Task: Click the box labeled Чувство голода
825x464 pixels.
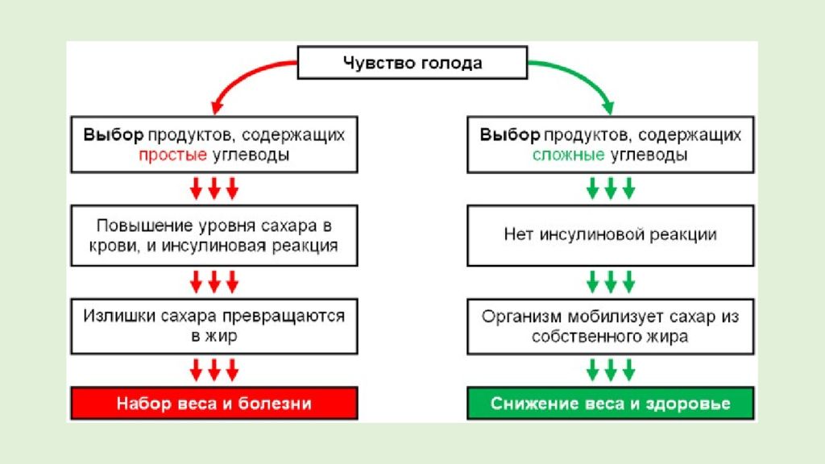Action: [412, 63]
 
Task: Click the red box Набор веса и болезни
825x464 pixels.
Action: [214, 403]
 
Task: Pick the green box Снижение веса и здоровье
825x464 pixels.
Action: [611, 403]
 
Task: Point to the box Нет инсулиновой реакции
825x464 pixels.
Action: [611, 235]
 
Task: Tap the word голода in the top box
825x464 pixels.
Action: [451, 63]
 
